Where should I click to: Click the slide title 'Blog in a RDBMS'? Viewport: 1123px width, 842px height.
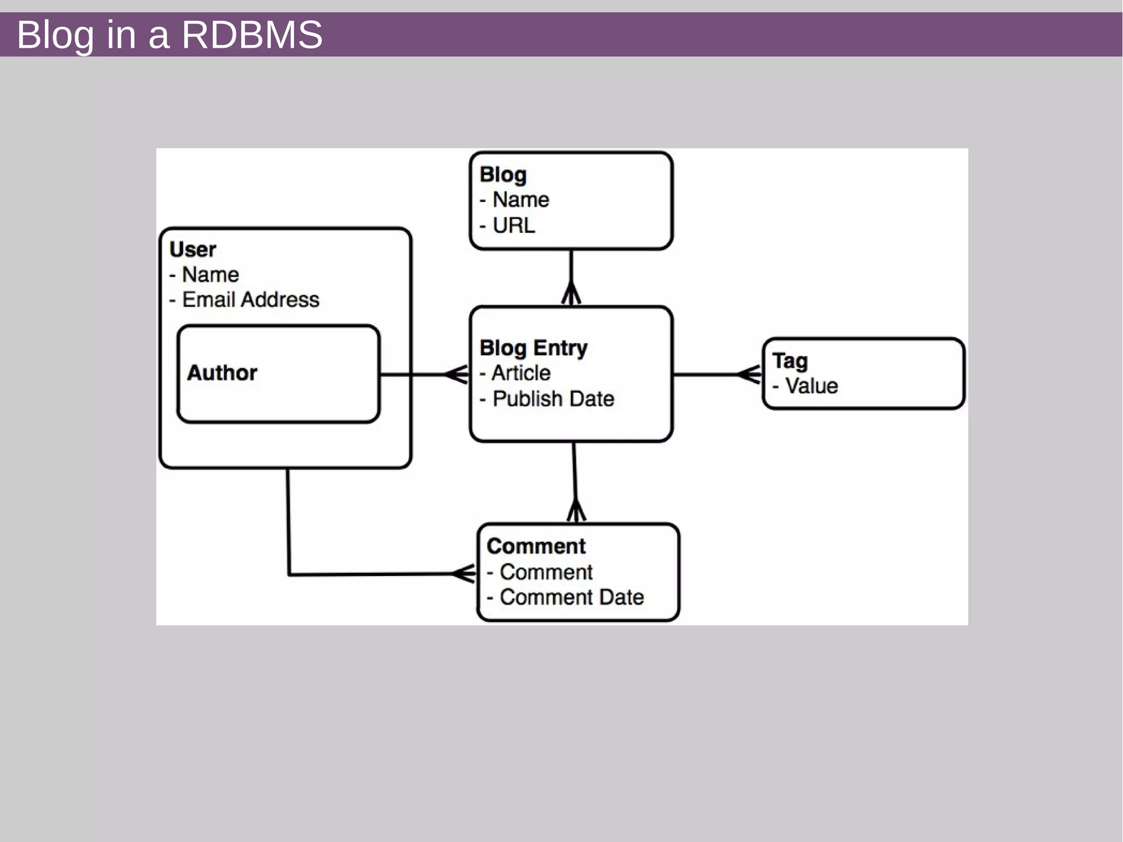(x=169, y=35)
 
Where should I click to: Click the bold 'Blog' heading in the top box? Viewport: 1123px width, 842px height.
(x=503, y=174)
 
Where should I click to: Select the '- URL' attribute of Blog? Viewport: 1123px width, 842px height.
(x=508, y=225)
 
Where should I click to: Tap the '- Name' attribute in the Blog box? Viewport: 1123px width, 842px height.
(x=515, y=200)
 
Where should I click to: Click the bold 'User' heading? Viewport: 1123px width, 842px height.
(x=192, y=250)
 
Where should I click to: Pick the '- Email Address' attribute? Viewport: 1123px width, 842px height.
(x=245, y=299)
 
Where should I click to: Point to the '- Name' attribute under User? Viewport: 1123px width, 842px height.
(x=205, y=274)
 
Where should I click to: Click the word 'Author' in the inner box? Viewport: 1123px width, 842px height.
(x=222, y=373)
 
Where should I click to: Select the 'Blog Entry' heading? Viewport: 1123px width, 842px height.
(x=533, y=348)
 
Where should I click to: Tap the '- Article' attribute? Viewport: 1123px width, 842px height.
(x=515, y=373)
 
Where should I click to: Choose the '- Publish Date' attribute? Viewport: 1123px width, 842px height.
(x=547, y=399)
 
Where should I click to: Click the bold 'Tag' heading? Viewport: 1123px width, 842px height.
(x=790, y=361)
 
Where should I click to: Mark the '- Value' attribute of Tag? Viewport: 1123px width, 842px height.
(x=806, y=386)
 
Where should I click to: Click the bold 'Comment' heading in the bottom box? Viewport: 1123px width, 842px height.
(x=536, y=546)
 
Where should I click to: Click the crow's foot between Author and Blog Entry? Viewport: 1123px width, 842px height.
(x=457, y=375)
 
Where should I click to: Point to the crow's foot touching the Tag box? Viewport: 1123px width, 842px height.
(x=750, y=375)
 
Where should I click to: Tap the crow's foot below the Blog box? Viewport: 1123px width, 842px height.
(x=571, y=293)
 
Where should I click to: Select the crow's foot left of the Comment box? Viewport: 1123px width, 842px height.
(x=464, y=574)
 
